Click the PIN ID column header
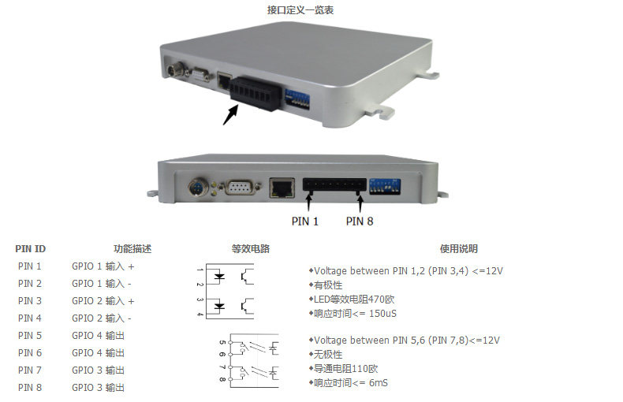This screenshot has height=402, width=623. (31, 249)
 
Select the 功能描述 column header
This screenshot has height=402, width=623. (132, 249)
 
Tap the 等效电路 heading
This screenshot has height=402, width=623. (251, 249)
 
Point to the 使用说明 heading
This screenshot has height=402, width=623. (458, 249)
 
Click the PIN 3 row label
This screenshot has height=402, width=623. (30, 301)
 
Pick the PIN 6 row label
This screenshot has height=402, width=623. (30, 353)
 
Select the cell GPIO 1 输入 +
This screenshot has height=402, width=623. (103, 266)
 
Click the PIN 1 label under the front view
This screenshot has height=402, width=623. (305, 221)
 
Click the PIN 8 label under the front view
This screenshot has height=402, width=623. (360, 221)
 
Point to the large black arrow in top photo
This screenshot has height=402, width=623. (229, 115)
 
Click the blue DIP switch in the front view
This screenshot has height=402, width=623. (386, 187)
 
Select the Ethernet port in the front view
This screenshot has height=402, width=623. (282, 188)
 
